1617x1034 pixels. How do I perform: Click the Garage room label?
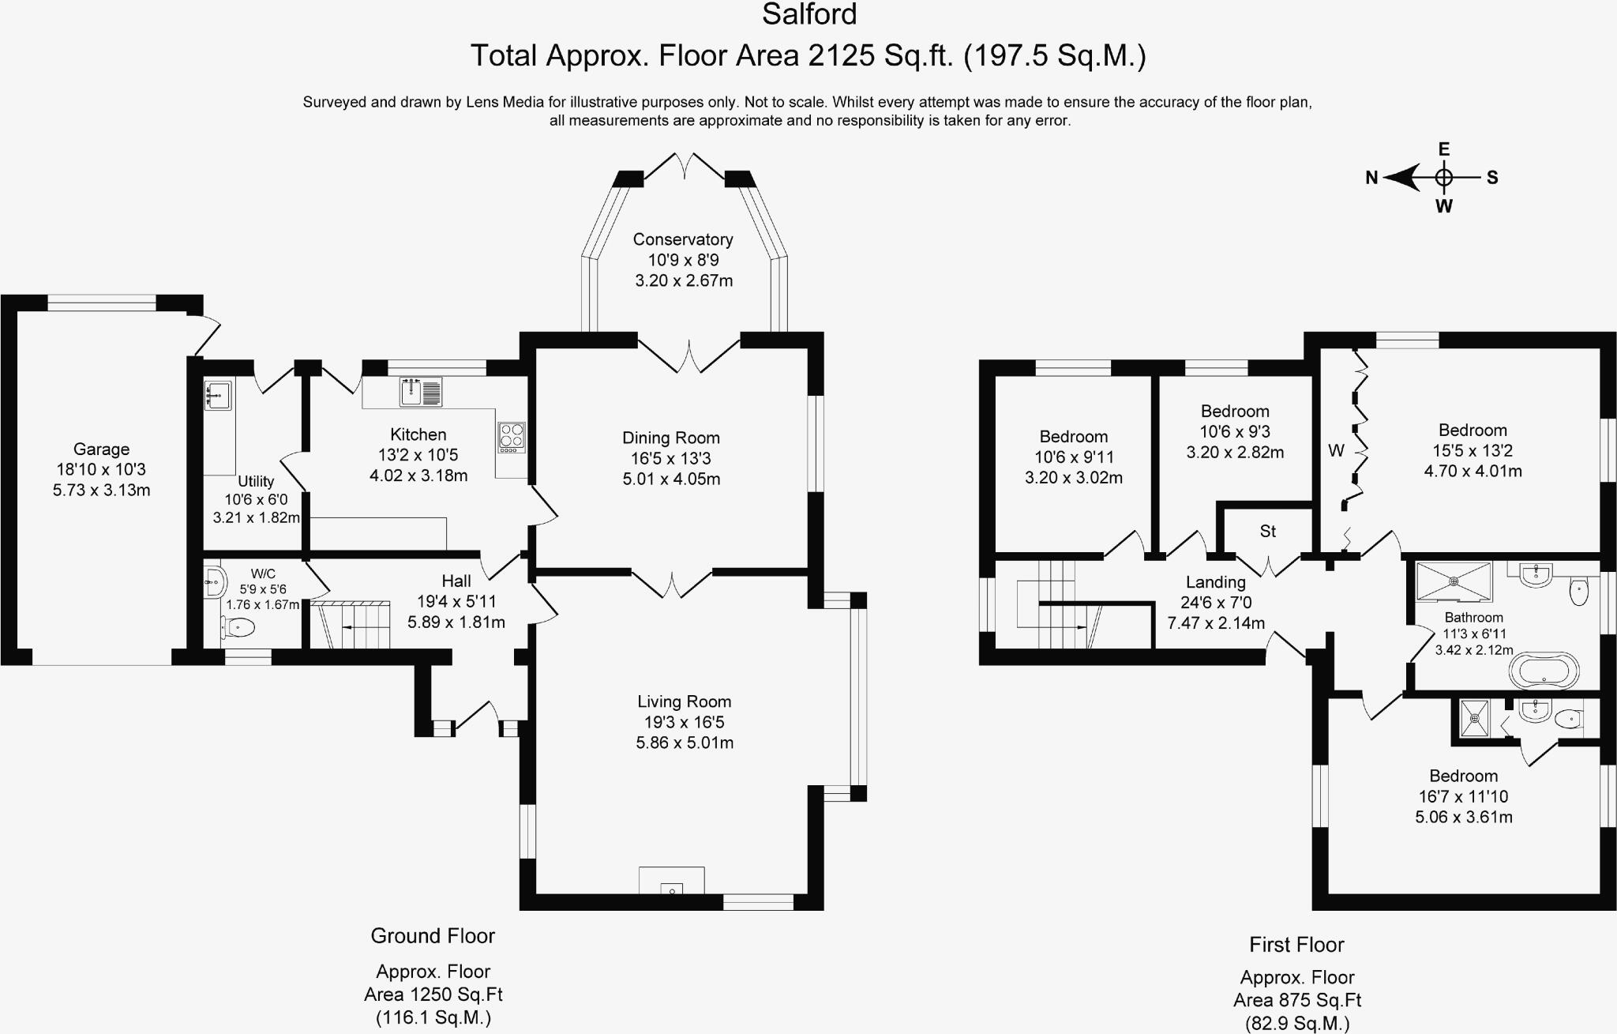[101, 449]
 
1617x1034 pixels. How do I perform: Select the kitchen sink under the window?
[421, 392]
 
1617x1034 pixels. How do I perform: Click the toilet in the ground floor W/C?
[238, 628]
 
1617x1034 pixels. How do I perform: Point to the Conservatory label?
[683, 239]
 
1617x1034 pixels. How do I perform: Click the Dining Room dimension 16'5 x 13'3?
[671, 458]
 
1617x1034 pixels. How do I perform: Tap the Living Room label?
[685, 701]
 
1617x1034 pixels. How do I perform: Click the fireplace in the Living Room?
[671, 880]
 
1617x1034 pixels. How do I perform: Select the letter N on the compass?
[1372, 179]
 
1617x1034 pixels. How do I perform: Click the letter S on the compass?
[1492, 178]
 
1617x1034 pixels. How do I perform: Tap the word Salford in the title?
[809, 14]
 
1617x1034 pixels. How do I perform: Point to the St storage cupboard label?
[1268, 532]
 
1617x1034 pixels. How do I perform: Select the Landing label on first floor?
[1216, 582]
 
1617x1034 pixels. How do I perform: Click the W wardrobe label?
[1336, 450]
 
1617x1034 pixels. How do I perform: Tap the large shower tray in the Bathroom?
[1454, 581]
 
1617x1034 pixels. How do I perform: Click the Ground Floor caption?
[433, 936]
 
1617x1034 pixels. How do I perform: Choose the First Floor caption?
[1296, 945]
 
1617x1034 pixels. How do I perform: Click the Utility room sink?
[218, 395]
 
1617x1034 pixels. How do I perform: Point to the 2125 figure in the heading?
[842, 56]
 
